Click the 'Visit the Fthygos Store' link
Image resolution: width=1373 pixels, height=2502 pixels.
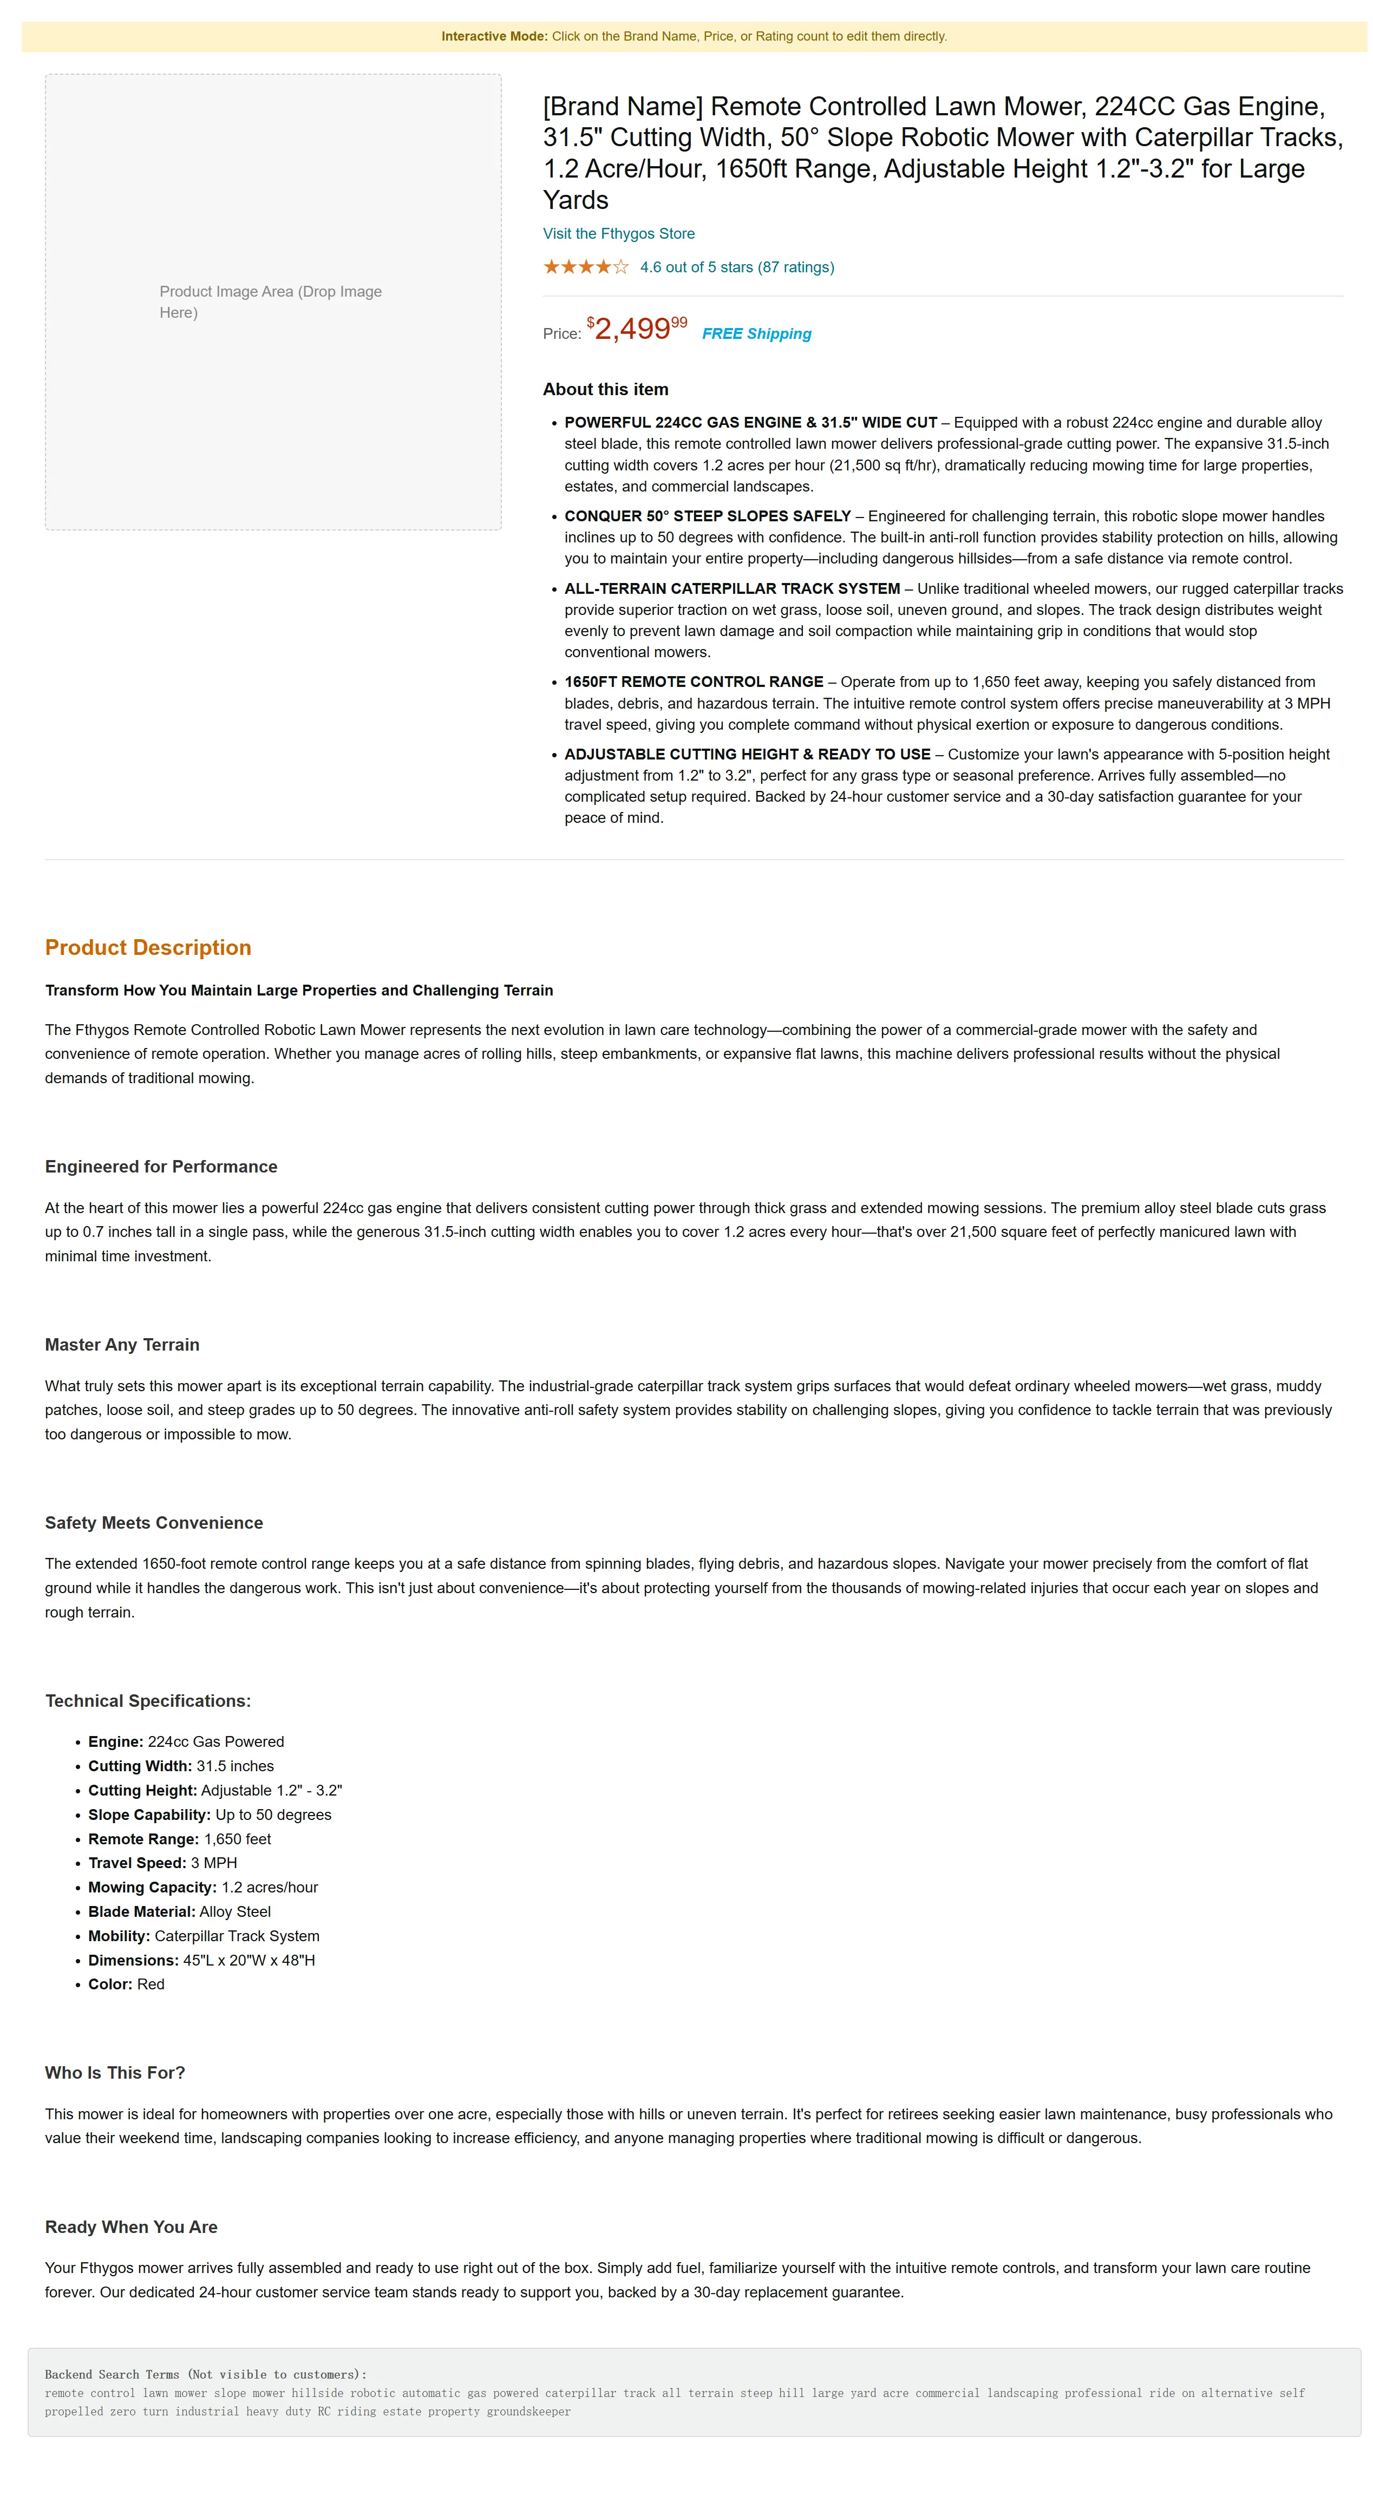pos(618,233)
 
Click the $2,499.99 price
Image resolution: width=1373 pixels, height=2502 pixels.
pos(637,329)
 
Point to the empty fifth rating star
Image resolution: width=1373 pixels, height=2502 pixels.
pos(621,267)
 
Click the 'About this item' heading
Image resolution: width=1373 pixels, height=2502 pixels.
pos(605,389)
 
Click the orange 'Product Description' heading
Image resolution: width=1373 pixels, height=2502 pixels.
pos(148,947)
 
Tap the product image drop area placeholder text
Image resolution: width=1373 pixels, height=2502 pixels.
pos(270,301)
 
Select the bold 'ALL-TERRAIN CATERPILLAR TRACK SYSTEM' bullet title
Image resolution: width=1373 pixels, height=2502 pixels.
pos(731,588)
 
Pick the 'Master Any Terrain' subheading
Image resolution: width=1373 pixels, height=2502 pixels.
pos(121,1344)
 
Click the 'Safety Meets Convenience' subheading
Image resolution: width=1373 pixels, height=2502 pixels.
pos(154,1522)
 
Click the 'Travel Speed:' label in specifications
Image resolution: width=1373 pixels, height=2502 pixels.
pos(136,1863)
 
